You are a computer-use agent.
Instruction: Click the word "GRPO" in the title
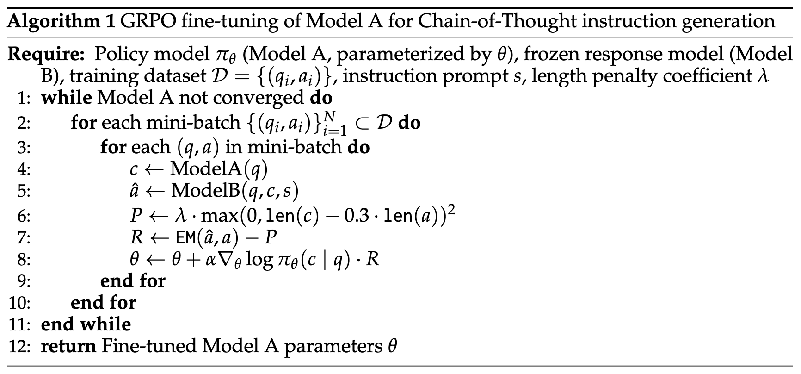(x=149, y=21)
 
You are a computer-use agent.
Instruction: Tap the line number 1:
(x=23, y=99)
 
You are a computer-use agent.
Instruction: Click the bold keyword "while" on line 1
(x=66, y=98)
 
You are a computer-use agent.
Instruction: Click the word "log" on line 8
(x=259, y=259)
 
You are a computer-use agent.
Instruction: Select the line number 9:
(x=23, y=281)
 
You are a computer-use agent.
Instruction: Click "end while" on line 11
(x=86, y=324)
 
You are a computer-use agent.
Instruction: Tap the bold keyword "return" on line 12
(x=68, y=346)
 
